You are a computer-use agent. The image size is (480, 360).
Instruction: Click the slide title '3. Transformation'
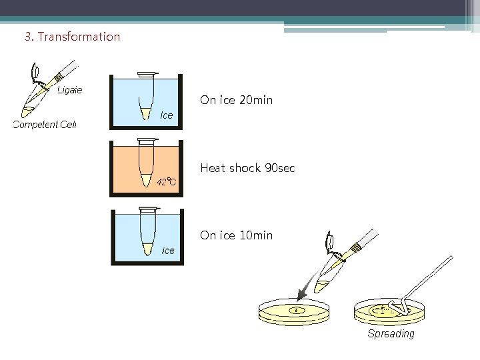pos(72,37)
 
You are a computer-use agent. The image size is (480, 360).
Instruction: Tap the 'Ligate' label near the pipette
pos(69,90)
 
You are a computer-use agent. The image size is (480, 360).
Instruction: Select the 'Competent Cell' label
pos(45,124)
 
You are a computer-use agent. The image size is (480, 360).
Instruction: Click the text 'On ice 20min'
pos(236,101)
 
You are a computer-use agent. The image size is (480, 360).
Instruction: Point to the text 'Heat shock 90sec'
pos(247,168)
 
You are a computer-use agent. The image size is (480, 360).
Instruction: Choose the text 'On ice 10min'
pos(236,235)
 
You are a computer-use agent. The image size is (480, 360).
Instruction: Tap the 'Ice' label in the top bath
pos(167,115)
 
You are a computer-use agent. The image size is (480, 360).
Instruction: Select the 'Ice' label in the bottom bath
pos(168,251)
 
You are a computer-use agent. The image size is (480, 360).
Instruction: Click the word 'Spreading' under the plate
pos(391,333)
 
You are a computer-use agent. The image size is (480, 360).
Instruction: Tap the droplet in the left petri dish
pos(295,309)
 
